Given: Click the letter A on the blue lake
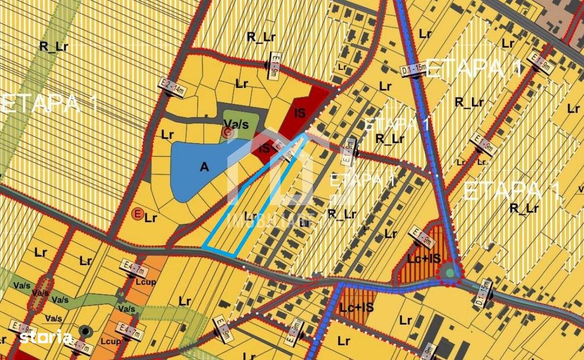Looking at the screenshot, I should coord(204,167).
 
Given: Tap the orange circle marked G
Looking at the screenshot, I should coord(227,132).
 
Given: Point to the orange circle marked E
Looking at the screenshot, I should coord(138,214).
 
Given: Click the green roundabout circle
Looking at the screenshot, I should coord(449,273).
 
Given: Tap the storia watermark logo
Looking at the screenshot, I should coord(46,337).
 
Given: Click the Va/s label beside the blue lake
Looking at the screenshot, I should coord(236,123).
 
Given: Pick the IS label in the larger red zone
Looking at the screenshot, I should coord(299,113).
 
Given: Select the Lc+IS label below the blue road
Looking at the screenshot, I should coord(357,307).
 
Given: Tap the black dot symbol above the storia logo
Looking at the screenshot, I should coord(86,331).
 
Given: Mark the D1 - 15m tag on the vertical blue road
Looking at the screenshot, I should coord(413,69).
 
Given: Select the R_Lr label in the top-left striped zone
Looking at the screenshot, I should coord(54,47).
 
